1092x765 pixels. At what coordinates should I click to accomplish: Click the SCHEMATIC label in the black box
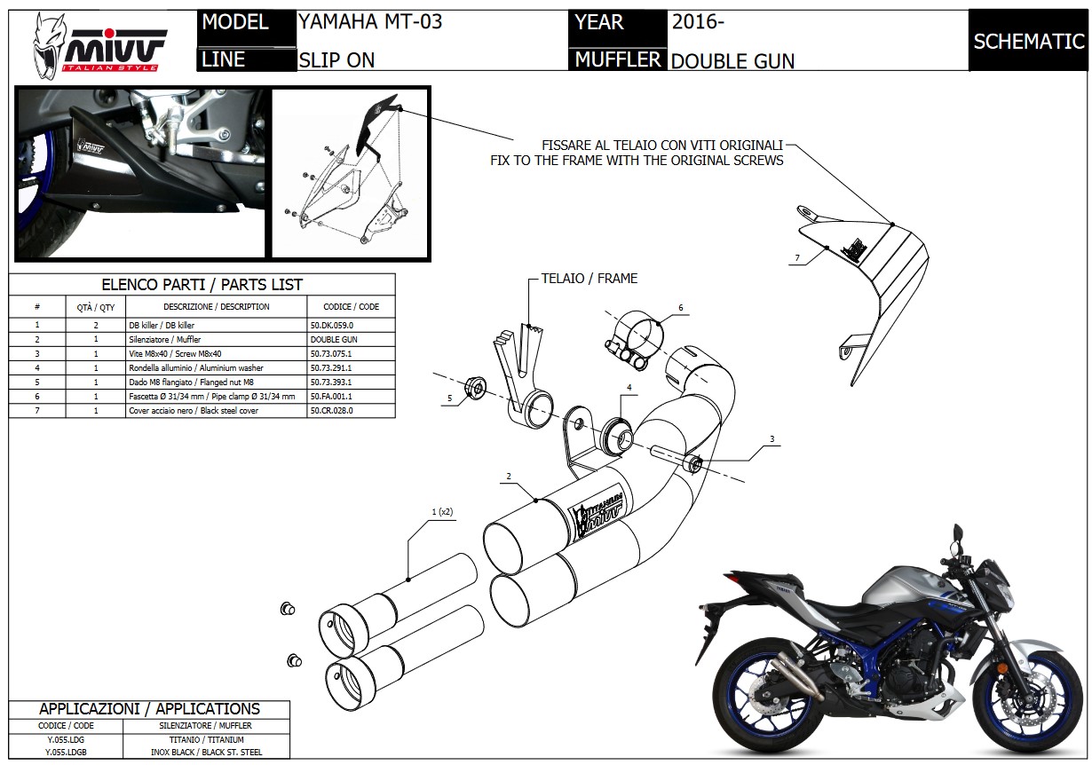pyautogui.click(x=1028, y=42)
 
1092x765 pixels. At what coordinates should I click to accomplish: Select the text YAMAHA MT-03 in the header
pyautogui.click(x=370, y=22)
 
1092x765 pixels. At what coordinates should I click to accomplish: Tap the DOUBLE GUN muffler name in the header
pyautogui.click(x=732, y=60)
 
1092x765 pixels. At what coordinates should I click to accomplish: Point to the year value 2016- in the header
pyautogui.click(x=698, y=22)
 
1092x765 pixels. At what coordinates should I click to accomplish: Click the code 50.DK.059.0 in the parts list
pyautogui.click(x=338, y=325)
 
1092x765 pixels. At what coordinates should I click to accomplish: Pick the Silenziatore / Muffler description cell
pyautogui.click(x=165, y=339)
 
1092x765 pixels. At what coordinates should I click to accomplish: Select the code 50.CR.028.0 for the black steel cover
pyautogui.click(x=334, y=411)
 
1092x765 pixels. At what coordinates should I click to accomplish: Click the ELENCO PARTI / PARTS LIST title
pyautogui.click(x=202, y=285)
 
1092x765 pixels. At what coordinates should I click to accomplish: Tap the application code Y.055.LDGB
pyautogui.click(x=66, y=752)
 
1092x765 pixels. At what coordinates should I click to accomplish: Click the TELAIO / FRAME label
pyautogui.click(x=590, y=278)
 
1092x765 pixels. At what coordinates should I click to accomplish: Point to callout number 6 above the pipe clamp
pyautogui.click(x=681, y=308)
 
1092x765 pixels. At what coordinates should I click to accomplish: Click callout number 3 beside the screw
pyautogui.click(x=772, y=439)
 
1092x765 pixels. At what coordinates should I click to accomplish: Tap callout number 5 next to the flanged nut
pyautogui.click(x=449, y=398)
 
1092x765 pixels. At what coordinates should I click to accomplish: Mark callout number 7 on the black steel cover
pyautogui.click(x=797, y=257)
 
